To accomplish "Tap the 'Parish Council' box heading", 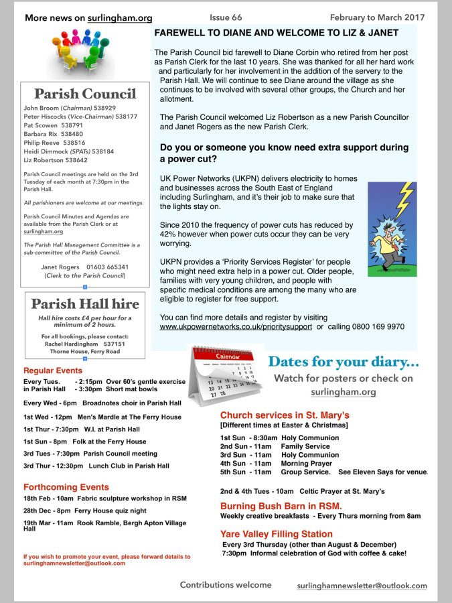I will coord(84,94).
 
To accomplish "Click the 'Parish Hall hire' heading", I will coord(84,304).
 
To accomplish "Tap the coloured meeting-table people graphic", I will coord(86,54).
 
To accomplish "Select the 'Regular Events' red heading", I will coord(53,371).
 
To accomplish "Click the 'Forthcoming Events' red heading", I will coord(66,487).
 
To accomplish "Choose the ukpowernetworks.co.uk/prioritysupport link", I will coord(236,327).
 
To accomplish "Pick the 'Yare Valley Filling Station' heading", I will coord(276,534).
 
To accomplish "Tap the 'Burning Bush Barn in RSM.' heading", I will coord(281,506).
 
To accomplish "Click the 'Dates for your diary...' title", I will coord(344,362).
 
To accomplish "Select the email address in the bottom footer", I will coord(362,586).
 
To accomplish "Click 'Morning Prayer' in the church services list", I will coord(306,463).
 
